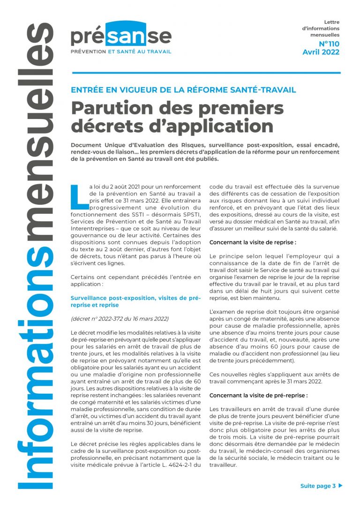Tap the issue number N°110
tap(329, 44)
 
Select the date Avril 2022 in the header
tap(321, 52)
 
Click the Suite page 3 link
tap(318, 486)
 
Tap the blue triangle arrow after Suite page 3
tap(340, 486)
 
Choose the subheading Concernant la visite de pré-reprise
tap(258, 395)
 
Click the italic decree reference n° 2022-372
tap(119, 319)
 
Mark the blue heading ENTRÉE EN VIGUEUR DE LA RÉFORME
tap(183, 90)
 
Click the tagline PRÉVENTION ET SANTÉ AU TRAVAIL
tap(121, 51)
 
